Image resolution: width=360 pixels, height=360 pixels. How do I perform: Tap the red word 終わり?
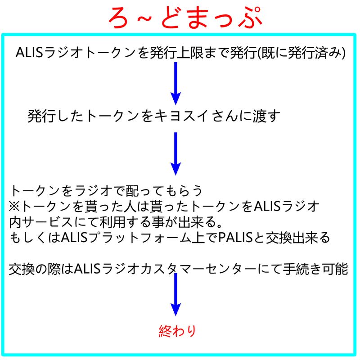178,332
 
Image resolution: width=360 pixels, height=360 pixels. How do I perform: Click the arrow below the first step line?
176,83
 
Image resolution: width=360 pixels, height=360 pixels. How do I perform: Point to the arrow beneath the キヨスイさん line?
176,153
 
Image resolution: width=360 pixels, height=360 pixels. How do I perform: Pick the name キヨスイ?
183,116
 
